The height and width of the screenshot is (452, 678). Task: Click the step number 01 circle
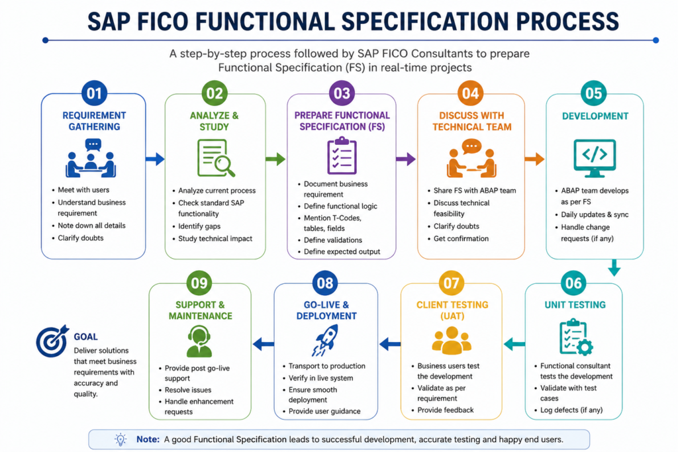pyautogui.click(x=94, y=93)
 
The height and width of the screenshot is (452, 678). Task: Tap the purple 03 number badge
pyautogui.click(x=342, y=93)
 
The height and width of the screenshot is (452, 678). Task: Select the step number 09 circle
pyautogui.click(x=199, y=283)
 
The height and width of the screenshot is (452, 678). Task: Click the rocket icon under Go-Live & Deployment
pyautogui.click(x=325, y=341)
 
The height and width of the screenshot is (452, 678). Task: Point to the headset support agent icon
pyautogui.click(x=199, y=341)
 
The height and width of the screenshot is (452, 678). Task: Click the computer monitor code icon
pyautogui.click(x=595, y=158)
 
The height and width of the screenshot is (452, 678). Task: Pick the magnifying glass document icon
pyautogui.click(x=216, y=158)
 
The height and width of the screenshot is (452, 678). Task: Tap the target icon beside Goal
pyautogui.click(x=52, y=341)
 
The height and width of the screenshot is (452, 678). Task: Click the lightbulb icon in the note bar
pyautogui.click(x=121, y=439)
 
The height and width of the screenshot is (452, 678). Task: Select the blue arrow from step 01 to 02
pyautogui.click(x=155, y=159)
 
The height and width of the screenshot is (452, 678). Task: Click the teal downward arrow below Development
pyautogui.click(x=614, y=267)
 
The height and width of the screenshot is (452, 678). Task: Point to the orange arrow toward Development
pyautogui.click(x=534, y=159)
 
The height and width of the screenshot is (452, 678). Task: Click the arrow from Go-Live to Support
pyautogui.click(x=264, y=344)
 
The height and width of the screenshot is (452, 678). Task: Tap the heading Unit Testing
pyautogui.click(x=575, y=304)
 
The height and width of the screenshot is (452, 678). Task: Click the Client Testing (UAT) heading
pyautogui.click(x=452, y=310)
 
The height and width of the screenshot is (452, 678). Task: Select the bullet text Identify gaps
pyautogui.click(x=199, y=226)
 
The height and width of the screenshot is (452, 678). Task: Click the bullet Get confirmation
pyautogui.click(x=461, y=238)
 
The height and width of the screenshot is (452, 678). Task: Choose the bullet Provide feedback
pyautogui.click(x=446, y=410)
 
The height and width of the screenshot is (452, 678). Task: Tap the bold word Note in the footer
pyautogui.click(x=148, y=439)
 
